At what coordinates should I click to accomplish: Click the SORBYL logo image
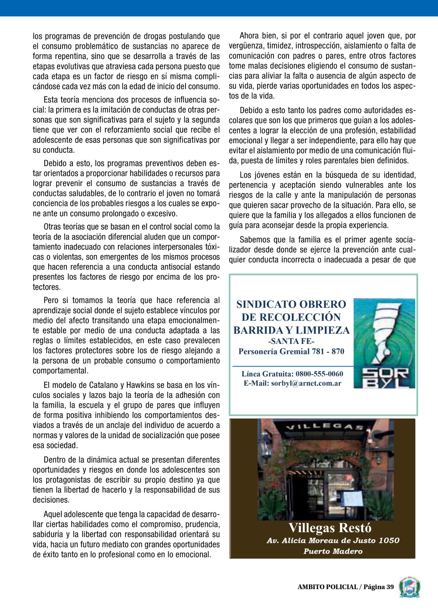point(384,343)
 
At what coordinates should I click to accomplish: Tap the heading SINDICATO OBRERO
point(291,305)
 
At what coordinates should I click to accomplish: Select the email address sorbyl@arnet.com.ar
point(306,383)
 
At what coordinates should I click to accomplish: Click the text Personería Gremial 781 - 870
point(291,351)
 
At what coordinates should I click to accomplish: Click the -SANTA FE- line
point(291,342)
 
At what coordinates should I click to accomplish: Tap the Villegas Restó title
point(330,528)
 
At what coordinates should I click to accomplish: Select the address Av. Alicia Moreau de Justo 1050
point(333,541)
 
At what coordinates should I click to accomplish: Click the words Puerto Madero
point(333,551)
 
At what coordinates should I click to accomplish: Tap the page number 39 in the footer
point(389,587)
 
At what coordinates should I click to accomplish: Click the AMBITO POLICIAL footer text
point(327,587)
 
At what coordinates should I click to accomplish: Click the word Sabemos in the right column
point(256,240)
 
